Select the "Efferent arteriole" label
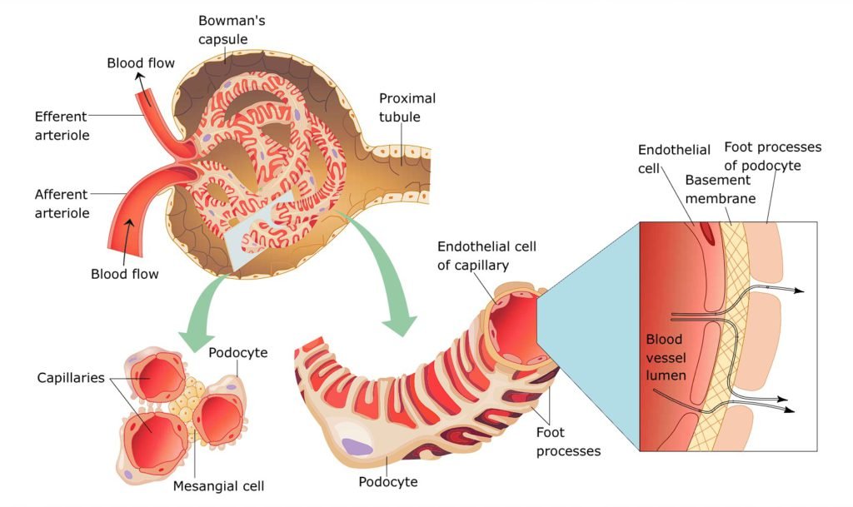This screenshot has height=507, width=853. pyautogui.click(x=62, y=124)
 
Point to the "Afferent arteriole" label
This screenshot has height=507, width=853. pyautogui.click(x=62, y=203)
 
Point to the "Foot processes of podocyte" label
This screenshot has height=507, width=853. pyautogui.click(x=772, y=156)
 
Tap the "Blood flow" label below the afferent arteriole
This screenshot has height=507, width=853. pyautogui.click(x=124, y=272)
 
